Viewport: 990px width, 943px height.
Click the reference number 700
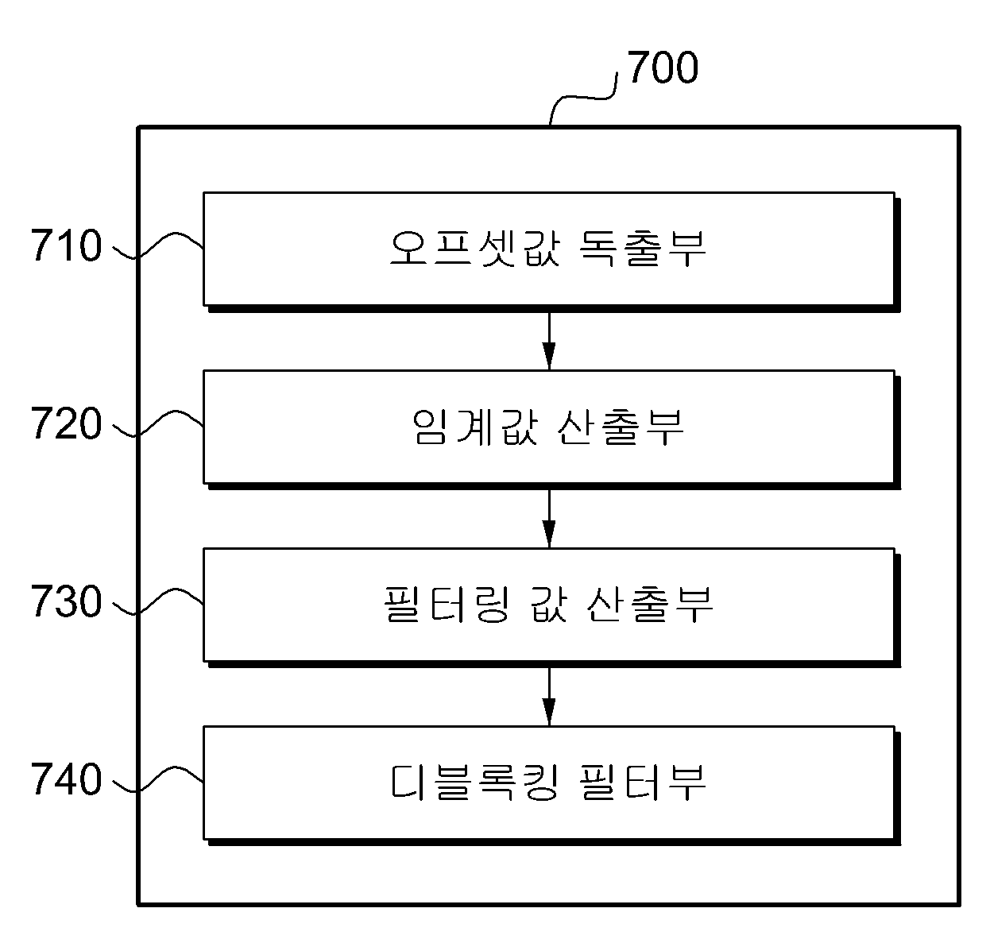662,67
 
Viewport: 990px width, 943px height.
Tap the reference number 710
67,245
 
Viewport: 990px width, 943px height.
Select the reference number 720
67,423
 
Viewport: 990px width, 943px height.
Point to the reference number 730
67,601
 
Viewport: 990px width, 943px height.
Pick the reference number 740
67,779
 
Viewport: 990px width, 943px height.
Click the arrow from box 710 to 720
549,342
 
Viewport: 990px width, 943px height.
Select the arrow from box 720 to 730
549,519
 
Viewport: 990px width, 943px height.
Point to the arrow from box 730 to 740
549,697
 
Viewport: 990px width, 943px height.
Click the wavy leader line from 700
583,97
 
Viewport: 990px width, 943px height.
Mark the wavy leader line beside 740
158,778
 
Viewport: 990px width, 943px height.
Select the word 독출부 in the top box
643,248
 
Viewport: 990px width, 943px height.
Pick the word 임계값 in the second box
475,427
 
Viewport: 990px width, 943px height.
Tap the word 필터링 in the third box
447,604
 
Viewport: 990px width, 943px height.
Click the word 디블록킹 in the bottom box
475,783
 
